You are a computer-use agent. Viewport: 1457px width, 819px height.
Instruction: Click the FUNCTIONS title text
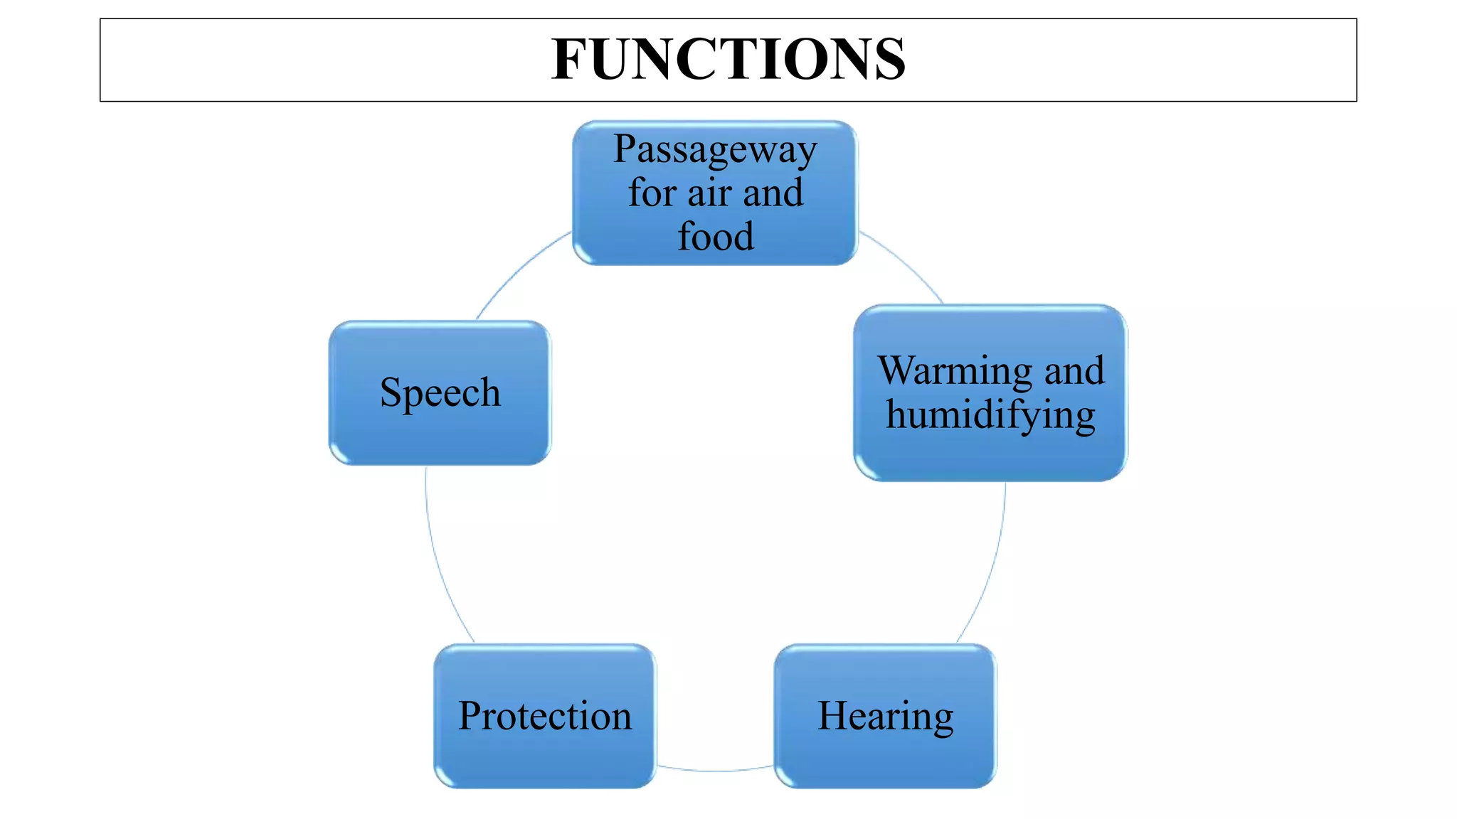tap(728, 60)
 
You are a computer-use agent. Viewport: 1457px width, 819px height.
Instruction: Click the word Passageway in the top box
tap(715, 151)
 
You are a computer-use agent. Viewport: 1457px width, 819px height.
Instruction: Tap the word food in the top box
tap(715, 237)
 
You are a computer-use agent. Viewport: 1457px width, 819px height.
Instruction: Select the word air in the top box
tap(709, 194)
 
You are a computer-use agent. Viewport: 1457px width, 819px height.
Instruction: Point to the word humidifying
tap(990, 416)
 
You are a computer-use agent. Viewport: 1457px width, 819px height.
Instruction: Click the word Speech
tap(440, 393)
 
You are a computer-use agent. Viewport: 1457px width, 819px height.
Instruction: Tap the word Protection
tap(544, 716)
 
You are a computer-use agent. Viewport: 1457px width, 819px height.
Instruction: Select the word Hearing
tap(885, 716)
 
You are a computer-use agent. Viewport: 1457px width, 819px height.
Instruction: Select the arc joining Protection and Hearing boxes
tap(714, 770)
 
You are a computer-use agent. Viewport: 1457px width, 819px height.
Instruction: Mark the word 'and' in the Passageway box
tap(773, 194)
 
